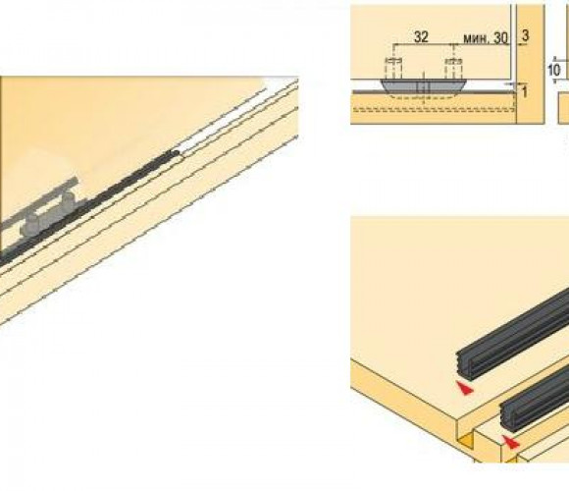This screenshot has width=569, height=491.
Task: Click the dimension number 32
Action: pos(421,36)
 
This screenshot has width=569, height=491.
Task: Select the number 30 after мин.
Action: pos(500,37)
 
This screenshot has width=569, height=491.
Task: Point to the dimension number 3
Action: pos(525,35)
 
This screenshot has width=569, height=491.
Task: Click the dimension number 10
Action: pos(553,70)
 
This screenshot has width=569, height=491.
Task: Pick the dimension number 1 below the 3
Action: pos(525,92)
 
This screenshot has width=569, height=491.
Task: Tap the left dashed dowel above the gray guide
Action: pos(393,68)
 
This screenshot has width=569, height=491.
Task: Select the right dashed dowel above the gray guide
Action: pos(453,68)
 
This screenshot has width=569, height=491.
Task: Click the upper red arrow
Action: pos(465,388)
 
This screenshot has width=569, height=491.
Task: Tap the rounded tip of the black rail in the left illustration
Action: pos(176,153)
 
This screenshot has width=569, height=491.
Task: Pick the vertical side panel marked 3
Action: pos(530,64)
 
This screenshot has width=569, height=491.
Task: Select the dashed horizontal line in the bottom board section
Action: pos(434,109)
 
